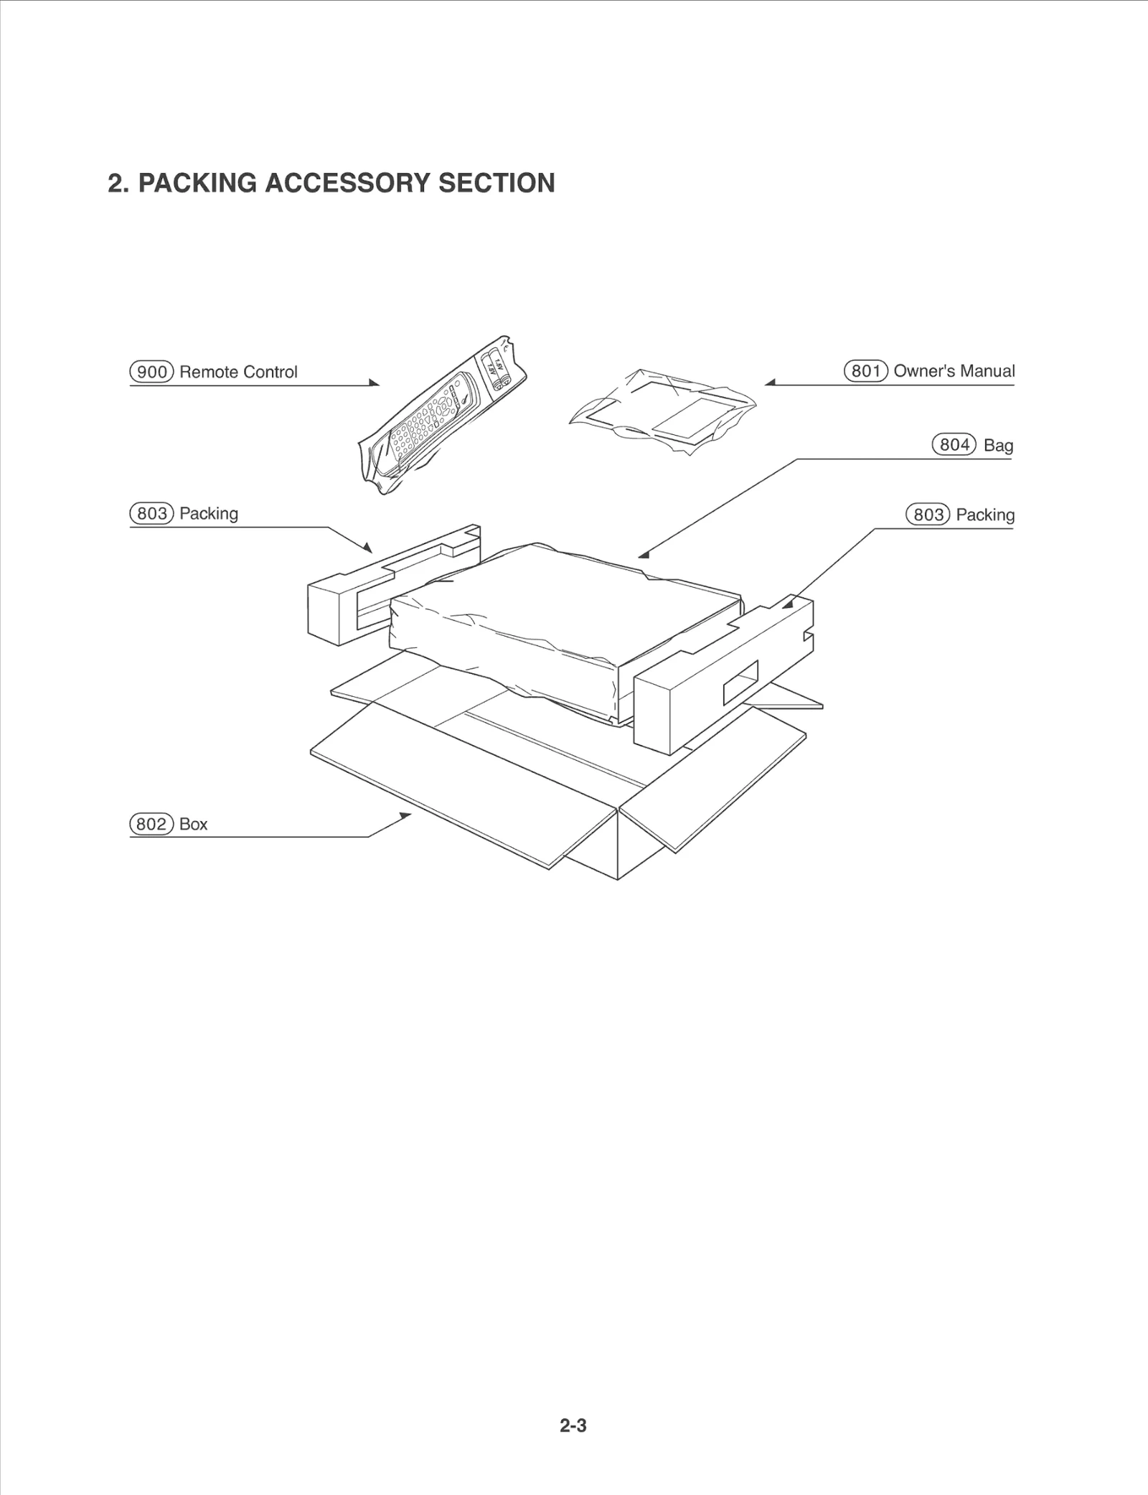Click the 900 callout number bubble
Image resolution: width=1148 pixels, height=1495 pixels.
click(151, 372)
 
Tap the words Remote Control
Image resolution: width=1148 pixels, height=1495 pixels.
click(238, 372)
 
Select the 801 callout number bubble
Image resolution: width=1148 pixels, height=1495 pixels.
click(866, 371)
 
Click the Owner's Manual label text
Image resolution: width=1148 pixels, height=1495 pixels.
click(954, 371)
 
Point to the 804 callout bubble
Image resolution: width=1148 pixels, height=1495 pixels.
click(954, 445)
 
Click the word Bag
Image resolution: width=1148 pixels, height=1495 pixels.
click(998, 446)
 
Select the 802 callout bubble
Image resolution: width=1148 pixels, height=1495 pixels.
click(151, 824)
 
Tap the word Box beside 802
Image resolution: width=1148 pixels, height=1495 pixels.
click(193, 824)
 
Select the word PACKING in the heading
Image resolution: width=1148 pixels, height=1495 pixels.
click(197, 183)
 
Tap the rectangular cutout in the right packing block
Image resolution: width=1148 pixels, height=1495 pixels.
click(740, 682)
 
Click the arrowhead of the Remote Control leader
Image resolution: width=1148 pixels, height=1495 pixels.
click(375, 383)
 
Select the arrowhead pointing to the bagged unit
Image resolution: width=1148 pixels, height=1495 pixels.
click(644, 554)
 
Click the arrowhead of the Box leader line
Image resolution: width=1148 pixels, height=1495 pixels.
click(406, 816)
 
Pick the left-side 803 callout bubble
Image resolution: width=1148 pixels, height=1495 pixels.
click(151, 514)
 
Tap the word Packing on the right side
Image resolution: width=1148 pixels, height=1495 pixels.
click(984, 515)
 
